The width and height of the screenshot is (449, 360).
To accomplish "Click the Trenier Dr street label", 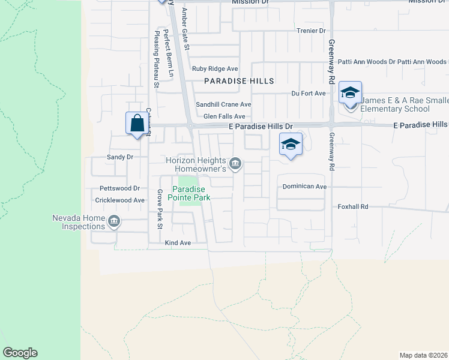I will pos(310,31).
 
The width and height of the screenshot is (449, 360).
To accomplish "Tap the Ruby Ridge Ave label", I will pos(215,69).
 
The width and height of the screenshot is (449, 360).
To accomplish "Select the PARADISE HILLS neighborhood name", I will pos(239,81).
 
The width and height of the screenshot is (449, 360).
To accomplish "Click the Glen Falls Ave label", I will pos(224,116).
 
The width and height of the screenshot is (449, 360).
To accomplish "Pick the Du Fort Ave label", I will pos(308,94).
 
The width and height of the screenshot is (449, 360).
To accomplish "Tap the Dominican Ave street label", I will pos(305,187).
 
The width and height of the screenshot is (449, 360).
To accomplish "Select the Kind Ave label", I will pos(178,243).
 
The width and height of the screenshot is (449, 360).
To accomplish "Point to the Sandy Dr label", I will pos(119,157).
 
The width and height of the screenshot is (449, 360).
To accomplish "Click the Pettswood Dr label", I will pos(119,188).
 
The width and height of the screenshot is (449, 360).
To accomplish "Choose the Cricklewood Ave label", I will pos(122,200).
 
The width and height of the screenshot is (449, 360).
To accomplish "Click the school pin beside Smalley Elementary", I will pos(350,92).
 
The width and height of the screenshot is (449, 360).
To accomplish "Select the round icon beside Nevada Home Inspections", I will pos(113,223).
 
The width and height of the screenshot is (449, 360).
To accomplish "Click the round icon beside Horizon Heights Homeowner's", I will pos(235,163).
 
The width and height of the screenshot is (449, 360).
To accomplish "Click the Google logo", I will pos(20,353).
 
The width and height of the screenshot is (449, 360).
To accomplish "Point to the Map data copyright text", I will pos(424,355).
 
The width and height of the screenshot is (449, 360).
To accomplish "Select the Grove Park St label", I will pos(160,209).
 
